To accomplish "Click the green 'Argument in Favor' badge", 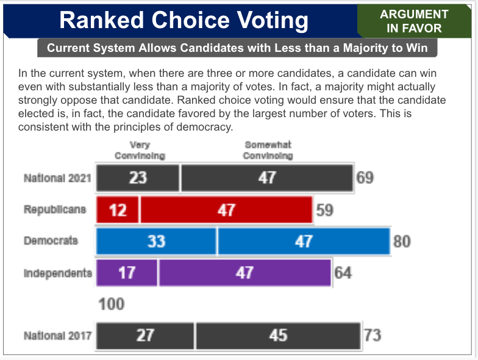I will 414,21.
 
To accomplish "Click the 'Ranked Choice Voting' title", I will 184,20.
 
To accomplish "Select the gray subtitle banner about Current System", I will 237,48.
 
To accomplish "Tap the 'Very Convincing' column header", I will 140,150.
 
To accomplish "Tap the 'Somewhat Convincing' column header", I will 268,150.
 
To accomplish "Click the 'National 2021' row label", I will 57,178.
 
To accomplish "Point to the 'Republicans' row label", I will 55,209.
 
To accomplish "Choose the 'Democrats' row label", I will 51,240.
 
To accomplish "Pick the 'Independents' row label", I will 58,272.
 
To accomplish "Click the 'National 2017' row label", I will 57,335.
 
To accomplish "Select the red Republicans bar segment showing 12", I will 118,210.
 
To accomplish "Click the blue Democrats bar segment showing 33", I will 156,241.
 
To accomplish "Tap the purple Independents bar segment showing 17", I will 127,272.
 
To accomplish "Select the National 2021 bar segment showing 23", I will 138,178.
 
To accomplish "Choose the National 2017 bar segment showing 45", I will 278,336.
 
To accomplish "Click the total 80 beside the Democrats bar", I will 401,241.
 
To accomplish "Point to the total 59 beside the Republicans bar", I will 324,210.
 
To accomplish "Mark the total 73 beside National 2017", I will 372,336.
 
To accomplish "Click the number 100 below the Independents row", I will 112,304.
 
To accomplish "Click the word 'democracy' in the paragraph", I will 204,127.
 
